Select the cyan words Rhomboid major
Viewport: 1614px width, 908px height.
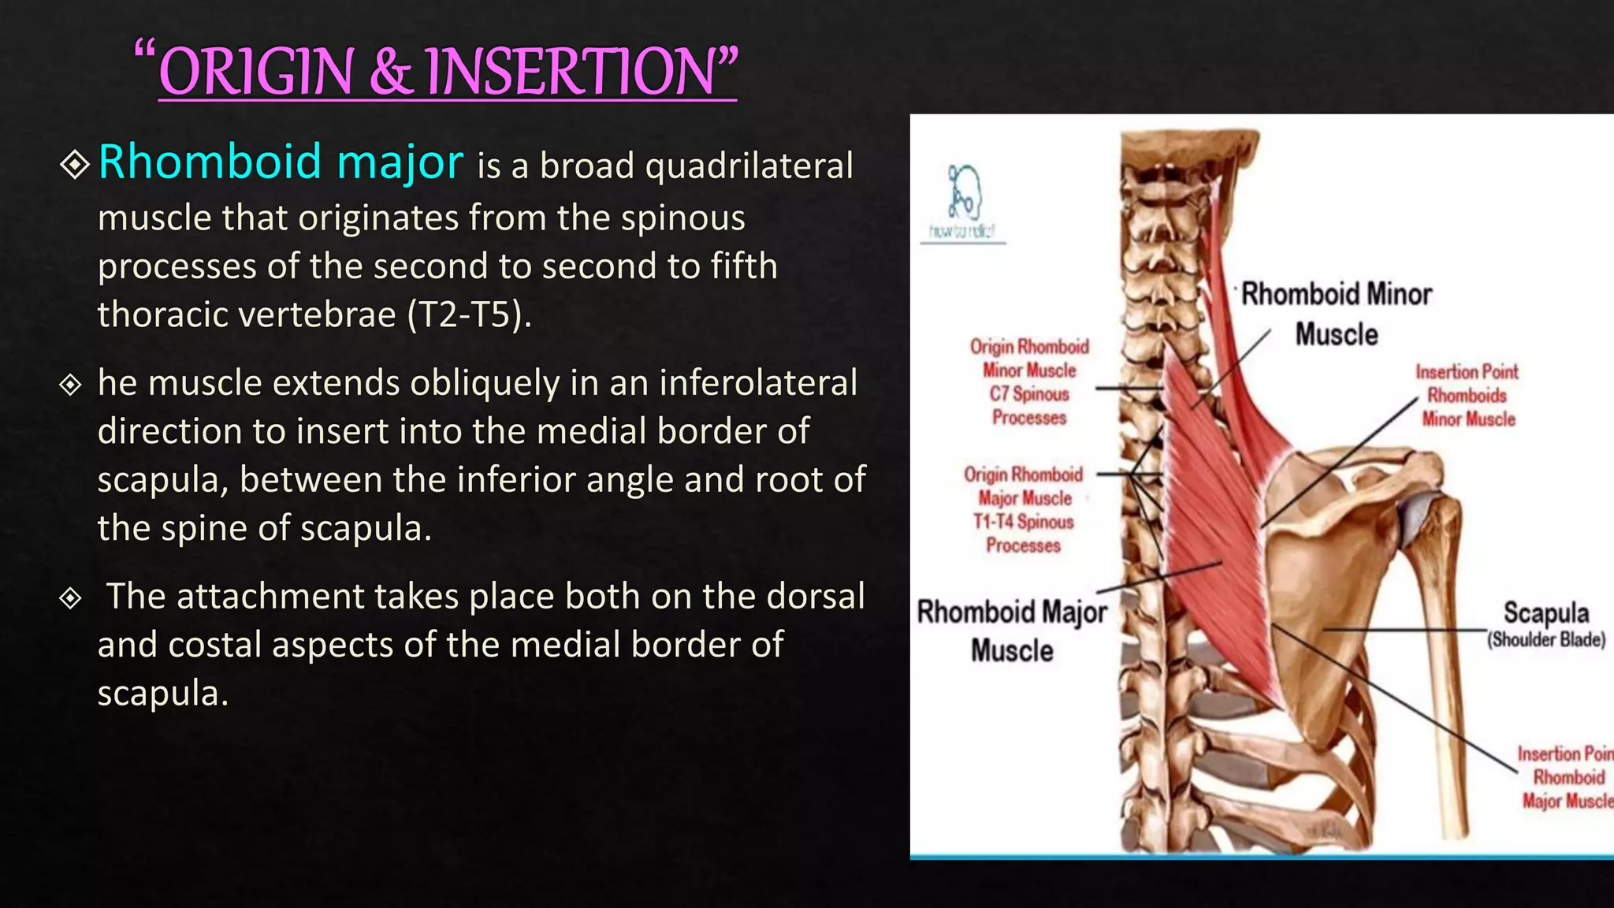[x=281, y=162]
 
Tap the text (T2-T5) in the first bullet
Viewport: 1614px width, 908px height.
[x=470, y=314]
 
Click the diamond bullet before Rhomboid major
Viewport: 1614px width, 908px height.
[x=75, y=165]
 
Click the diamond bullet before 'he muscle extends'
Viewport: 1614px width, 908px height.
[x=71, y=385]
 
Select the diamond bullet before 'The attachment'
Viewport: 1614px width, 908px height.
[x=71, y=598]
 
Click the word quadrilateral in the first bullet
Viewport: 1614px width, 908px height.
[x=749, y=166]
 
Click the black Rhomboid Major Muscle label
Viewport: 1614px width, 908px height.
[x=1012, y=631]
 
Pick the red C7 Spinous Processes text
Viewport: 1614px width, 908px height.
[x=1029, y=405]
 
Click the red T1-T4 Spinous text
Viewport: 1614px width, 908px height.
[x=1023, y=522]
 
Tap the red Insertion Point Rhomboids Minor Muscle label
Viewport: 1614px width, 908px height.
[x=1467, y=395]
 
